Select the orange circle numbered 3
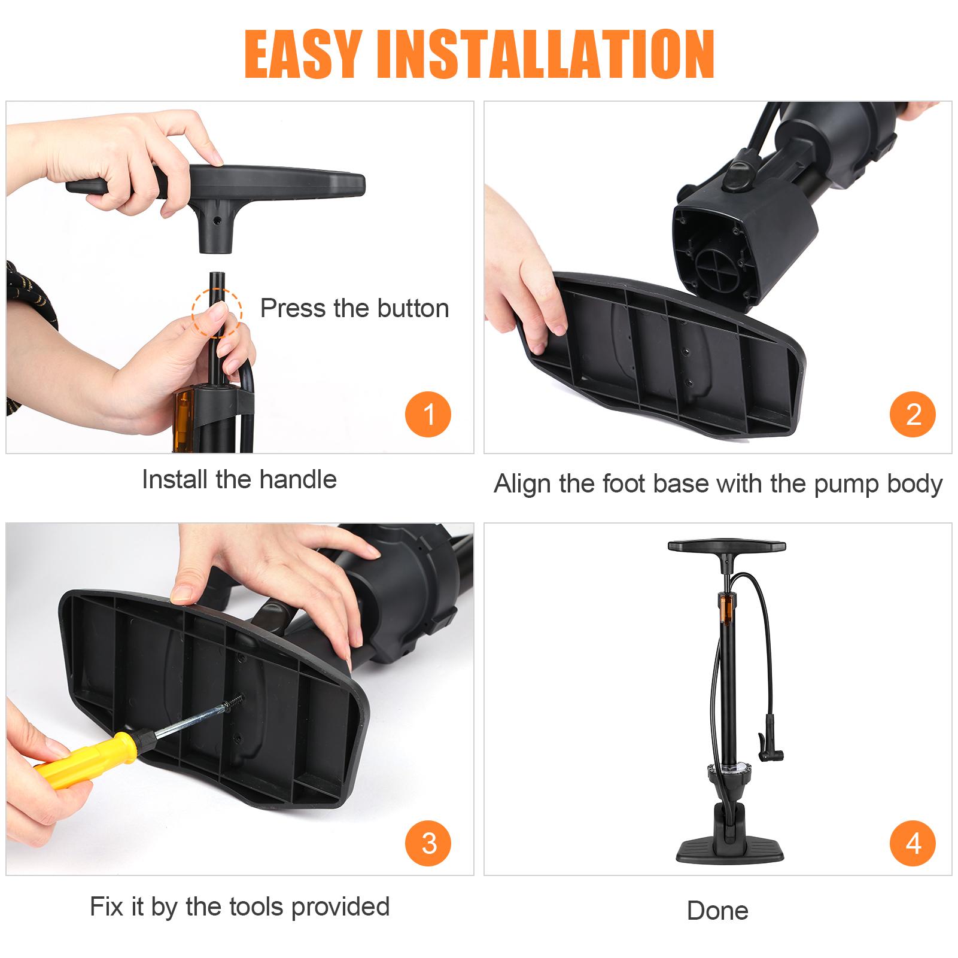[428, 843]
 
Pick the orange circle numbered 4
[913, 843]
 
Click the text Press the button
[354, 309]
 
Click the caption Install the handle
[239, 480]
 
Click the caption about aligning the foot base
[717, 483]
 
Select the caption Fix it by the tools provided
[239, 907]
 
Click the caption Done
[717, 911]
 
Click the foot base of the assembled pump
[725, 846]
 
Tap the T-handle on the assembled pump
[726, 546]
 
